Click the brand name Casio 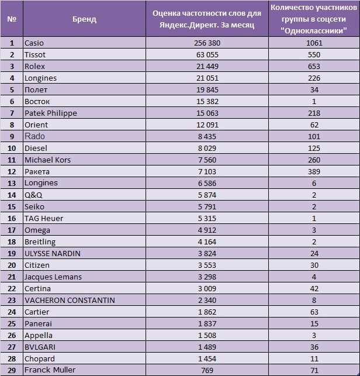(34, 43)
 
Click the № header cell (12, 19)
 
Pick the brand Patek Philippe (51, 113)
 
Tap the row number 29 (12, 370)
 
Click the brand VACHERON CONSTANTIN (70, 300)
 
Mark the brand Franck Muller (50, 370)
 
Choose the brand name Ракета (37, 171)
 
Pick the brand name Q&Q (34, 195)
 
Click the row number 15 (12, 206)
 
